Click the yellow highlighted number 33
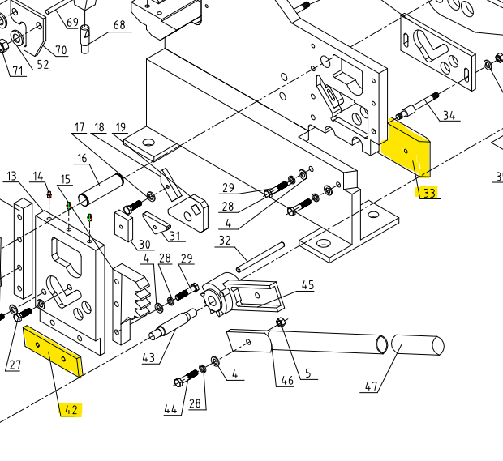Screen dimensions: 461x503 click(x=429, y=193)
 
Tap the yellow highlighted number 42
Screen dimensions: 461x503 click(x=71, y=409)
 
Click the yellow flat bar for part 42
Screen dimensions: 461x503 click(x=53, y=353)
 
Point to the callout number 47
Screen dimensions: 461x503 click(x=371, y=386)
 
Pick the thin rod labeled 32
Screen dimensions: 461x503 click(x=260, y=258)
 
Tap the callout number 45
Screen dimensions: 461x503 click(x=307, y=285)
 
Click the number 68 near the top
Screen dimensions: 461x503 click(x=119, y=25)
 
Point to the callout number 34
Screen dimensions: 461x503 click(x=449, y=114)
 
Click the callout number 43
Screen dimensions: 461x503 click(x=148, y=358)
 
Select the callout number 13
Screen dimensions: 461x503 click(x=11, y=177)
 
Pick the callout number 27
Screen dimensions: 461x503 click(x=14, y=365)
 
